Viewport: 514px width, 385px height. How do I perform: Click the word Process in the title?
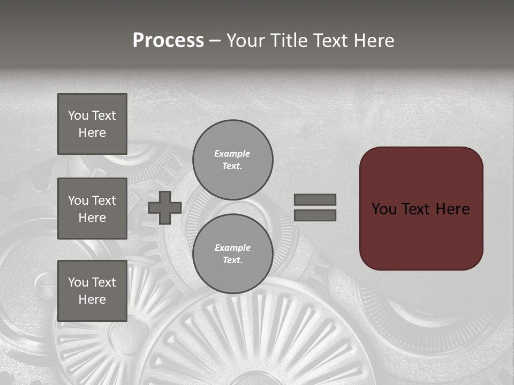pyautogui.click(x=168, y=41)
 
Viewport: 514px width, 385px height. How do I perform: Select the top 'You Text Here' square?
pyautogui.click(x=92, y=124)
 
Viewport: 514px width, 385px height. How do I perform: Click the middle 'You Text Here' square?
pyautogui.click(x=92, y=209)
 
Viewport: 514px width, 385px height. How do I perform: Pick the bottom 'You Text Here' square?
pyautogui.click(x=92, y=290)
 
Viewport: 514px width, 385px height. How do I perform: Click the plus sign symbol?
pyautogui.click(x=165, y=207)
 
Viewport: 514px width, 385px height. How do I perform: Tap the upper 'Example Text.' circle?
pyautogui.click(x=232, y=159)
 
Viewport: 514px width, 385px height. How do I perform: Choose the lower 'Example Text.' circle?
pyautogui.click(x=232, y=253)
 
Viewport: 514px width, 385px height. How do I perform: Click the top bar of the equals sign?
pyautogui.click(x=315, y=199)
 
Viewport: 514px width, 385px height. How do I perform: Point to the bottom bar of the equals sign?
pyautogui.click(x=315, y=215)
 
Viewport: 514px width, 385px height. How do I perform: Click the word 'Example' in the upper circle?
pyautogui.click(x=232, y=153)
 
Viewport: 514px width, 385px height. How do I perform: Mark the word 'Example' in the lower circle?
pyautogui.click(x=232, y=248)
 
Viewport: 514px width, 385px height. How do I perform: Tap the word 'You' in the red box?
pyautogui.click(x=384, y=209)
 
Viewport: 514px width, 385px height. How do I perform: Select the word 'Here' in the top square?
pyautogui.click(x=92, y=133)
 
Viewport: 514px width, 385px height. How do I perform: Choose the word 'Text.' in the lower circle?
pyautogui.click(x=232, y=260)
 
